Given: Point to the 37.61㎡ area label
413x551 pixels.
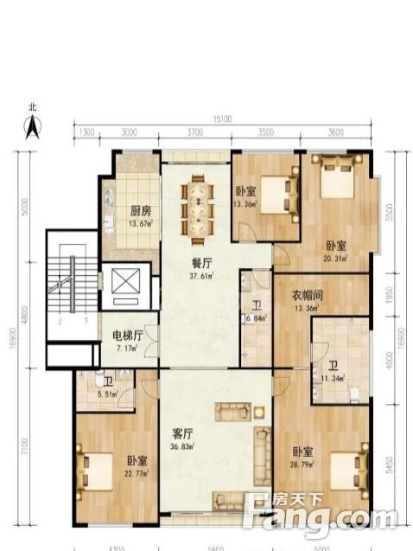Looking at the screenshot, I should (x=202, y=277).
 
